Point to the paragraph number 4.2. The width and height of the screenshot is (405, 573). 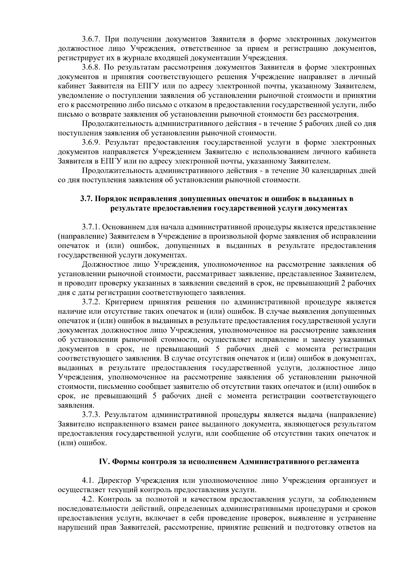pyautogui.click(x=88, y=499)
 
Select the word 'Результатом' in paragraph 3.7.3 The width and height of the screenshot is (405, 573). pyautogui.click(x=126, y=414)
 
